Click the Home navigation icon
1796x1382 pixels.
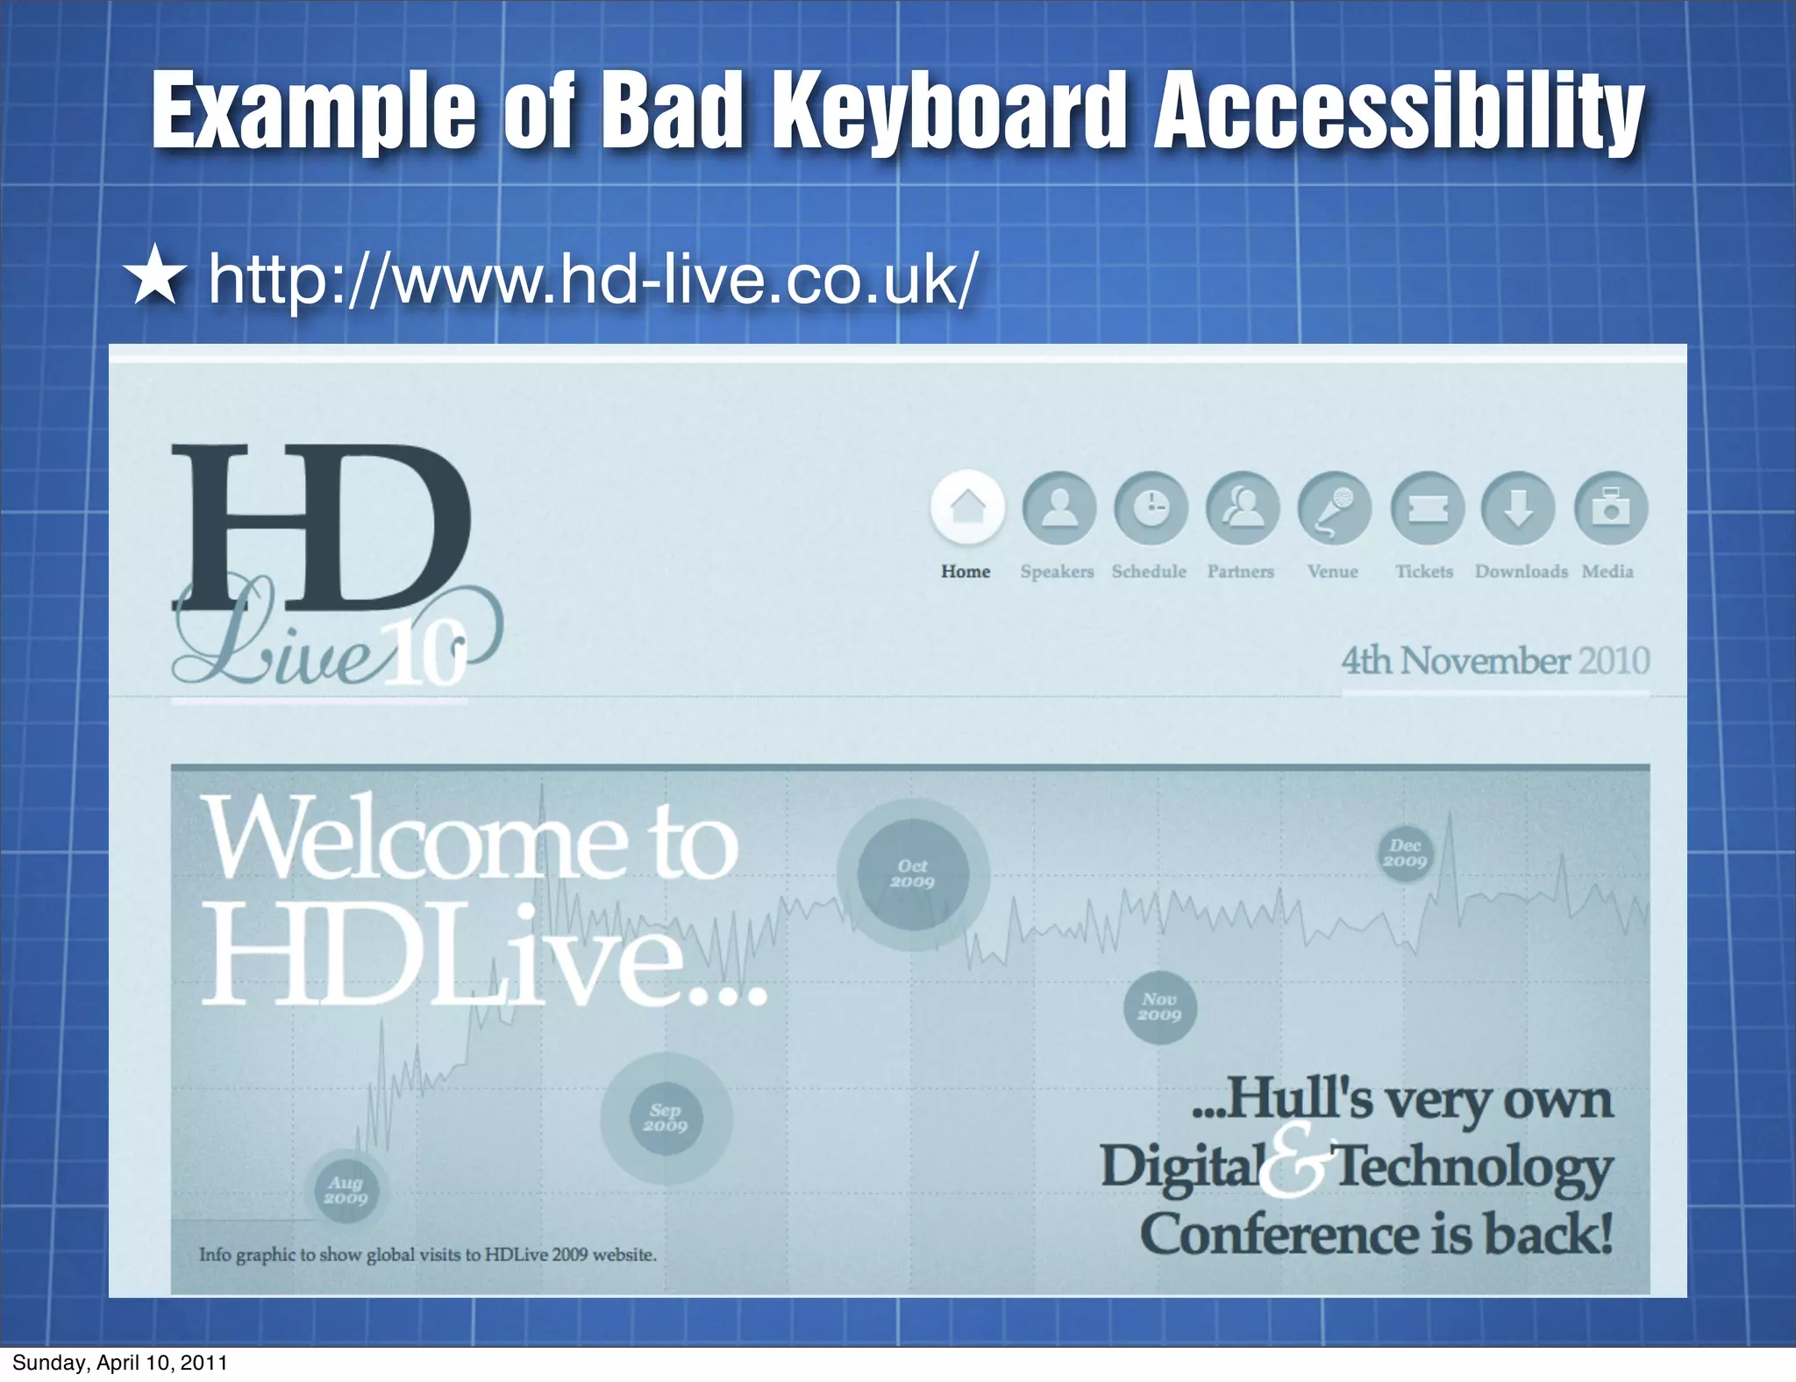pyautogui.click(x=967, y=508)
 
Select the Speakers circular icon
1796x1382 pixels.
pyautogui.click(x=1059, y=508)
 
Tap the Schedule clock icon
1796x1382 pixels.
pyautogui.click(x=1151, y=508)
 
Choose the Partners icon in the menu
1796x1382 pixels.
pyautogui.click(x=1243, y=508)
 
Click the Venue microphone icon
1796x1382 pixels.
pyautogui.click(x=1334, y=508)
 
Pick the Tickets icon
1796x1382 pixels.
pyautogui.click(x=1427, y=508)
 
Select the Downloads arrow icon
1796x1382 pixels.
pyautogui.click(x=1518, y=508)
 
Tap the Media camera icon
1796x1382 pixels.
pyautogui.click(x=1610, y=508)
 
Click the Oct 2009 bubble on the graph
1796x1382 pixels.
pyautogui.click(x=913, y=874)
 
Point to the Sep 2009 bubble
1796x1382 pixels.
pyautogui.click(x=666, y=1118)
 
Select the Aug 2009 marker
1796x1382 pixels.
pyautogui.click(x=346, y=1190)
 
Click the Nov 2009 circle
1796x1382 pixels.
pyautogui.click(x=1159, y=1007)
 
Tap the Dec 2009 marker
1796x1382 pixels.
pyautogui.click(x=1405, y=853)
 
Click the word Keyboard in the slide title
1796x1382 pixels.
pyautogui.click(x=951, y=112)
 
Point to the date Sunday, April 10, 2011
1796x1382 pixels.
pyautogui.click(x=120, y=1363)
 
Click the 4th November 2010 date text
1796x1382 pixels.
pyautogui.click(x=1495, y=661)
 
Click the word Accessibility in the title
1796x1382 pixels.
pyautogui.click(x=1398, y=112)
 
